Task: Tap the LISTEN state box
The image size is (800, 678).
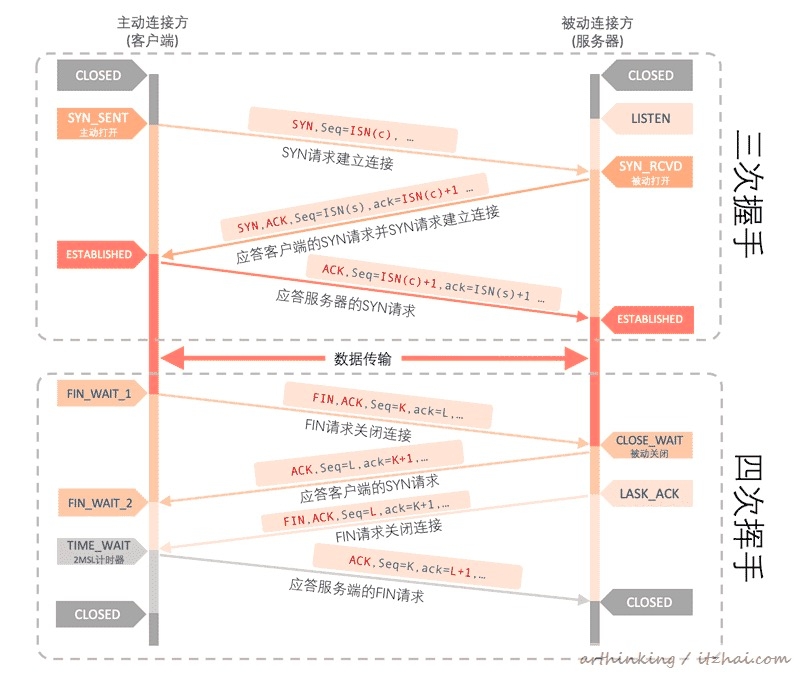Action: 650,118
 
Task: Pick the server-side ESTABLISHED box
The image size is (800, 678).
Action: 649,319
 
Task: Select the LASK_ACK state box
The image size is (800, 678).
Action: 650,494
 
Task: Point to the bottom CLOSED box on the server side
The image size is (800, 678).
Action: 649,602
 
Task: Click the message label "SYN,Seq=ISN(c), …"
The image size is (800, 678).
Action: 352,129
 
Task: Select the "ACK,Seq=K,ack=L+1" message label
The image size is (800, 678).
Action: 418,568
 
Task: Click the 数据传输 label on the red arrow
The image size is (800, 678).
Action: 370,358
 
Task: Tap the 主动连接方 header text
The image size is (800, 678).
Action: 152,22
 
